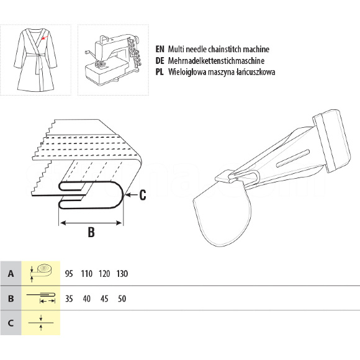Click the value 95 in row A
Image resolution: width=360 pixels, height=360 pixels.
tap(69, 274)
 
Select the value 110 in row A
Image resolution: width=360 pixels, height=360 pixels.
tap(86, 274)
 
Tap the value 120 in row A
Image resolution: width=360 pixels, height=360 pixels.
tap(104, 274)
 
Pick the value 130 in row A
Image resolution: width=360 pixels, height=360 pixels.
tap(122, 274)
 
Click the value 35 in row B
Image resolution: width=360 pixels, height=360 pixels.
tap(69, 299)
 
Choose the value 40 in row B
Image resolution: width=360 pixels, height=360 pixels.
tap(86, 299)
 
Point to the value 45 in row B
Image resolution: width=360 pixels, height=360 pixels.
tap(104, 299)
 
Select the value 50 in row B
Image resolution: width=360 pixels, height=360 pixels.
tap(122, 299)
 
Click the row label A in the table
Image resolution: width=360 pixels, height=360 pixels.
tap(11, 274)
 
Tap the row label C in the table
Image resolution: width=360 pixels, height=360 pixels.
tap(11, 323)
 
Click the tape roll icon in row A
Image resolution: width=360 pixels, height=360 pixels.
tap(41, 272)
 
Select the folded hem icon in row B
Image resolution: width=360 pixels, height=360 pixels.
tap(41, 297)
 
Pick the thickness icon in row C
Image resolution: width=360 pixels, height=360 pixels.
tap(41, 323)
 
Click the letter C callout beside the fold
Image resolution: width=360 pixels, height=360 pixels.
tap(143, 195)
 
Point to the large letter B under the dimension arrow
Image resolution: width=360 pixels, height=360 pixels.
tap(91, 232)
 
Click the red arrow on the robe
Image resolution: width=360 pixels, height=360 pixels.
tap(45, 37)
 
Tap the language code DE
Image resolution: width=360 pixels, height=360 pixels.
tap(160, 61)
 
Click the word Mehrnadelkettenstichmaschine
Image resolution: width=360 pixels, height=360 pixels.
tap(216, 61)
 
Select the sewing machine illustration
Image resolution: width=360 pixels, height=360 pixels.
tap(113, 60)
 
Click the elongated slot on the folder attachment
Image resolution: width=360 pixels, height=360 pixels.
tap(293, 158)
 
